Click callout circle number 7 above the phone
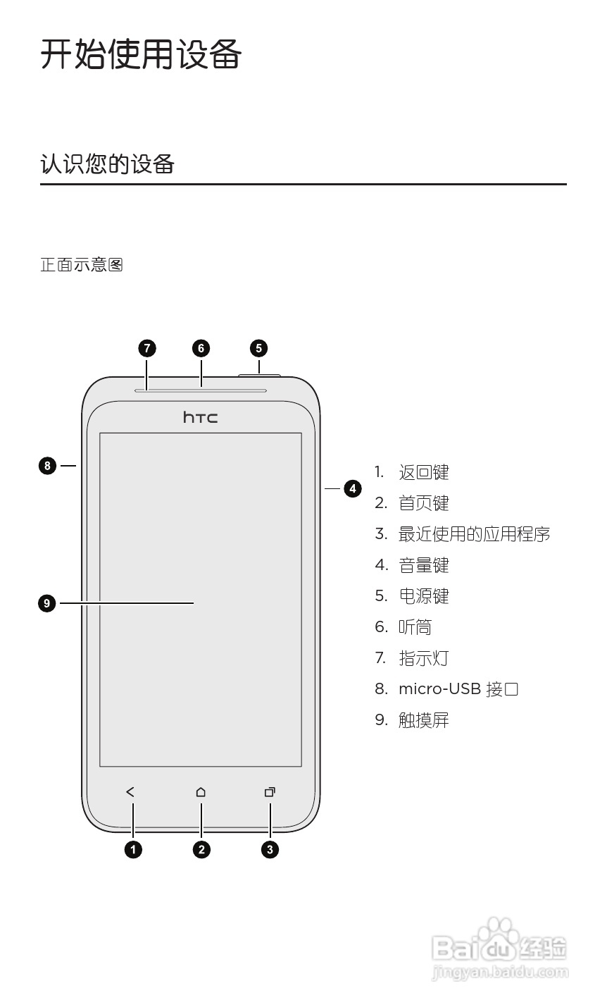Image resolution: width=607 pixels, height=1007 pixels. click(x=146, y=348)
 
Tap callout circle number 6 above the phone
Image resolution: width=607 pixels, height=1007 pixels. click(x=201, y=348)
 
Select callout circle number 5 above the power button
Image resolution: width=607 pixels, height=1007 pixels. click(x=259, y=348)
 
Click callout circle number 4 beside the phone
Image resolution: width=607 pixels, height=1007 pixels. click(x=353, y=488)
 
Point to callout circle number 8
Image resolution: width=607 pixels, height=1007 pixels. click(x=47, y=465)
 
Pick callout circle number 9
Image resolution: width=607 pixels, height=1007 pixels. click(x=47, y=603)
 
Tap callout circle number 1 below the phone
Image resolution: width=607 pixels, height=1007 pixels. click(x=133, y=849)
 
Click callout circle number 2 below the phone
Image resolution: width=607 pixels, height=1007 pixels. click(x=201, y=849)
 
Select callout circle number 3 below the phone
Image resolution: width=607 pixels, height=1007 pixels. click(x=270, y=849)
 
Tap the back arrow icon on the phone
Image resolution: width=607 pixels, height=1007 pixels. click(x=130, y=792)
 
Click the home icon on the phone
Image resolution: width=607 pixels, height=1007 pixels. click(x=201, y=792)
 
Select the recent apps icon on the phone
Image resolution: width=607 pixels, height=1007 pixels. click(x=270, y=792)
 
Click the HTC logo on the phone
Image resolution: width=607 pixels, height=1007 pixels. click(x=201, y=417)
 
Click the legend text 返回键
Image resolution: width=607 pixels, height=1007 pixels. click(x=424, y=472)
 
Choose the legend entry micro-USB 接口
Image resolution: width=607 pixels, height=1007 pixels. click(x=458, y=689)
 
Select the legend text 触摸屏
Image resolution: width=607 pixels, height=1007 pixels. click(x=424, y=720)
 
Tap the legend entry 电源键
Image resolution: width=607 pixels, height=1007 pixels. click(x=424, y=596)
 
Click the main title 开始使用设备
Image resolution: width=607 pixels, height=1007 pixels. click(x=141, y=54)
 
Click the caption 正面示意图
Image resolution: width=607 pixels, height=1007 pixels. click(x=82, y=265)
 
